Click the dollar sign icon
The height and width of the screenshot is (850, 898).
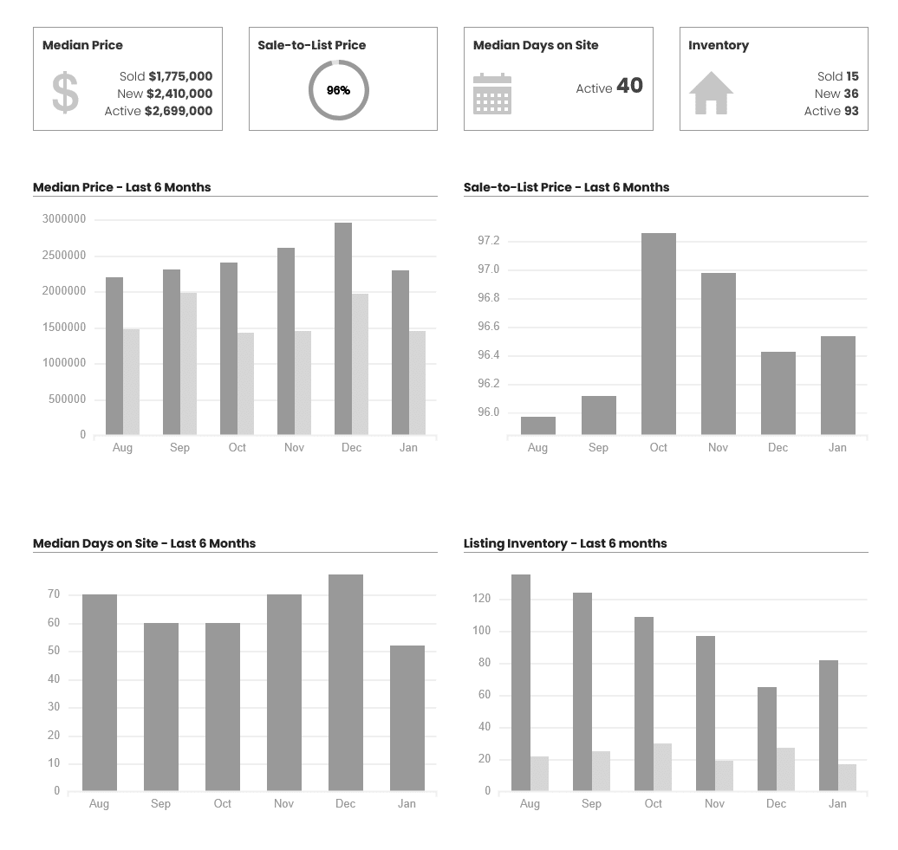coord(65,93)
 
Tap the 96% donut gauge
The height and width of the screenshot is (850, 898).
coord(339,90)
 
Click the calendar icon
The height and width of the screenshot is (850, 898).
coord(492,94)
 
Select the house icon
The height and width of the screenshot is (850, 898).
coord(711,93)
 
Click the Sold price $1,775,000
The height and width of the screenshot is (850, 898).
coord(180,76)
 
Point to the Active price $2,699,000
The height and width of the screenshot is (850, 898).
coord(179,111)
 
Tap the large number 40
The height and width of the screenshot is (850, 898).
coord(629,86)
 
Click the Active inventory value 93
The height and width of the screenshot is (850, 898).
coord(851,111)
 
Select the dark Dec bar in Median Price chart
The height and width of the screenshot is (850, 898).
coord(343,328)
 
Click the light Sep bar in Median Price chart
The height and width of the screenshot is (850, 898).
coord(188,364)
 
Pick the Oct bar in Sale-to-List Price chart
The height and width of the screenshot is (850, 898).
coord(659,334)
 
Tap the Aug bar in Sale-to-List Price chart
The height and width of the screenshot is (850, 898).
coord(538,425)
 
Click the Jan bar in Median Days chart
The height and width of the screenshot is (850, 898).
coord(407,718)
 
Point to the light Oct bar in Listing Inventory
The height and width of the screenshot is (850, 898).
coord(662,767)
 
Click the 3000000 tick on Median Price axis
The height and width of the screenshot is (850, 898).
coord(64,219)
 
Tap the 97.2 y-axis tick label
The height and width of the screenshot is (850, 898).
coord(489,241)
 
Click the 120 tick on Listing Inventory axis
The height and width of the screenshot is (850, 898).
coord(482,599)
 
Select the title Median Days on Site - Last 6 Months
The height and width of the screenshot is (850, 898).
coord(144,543)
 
